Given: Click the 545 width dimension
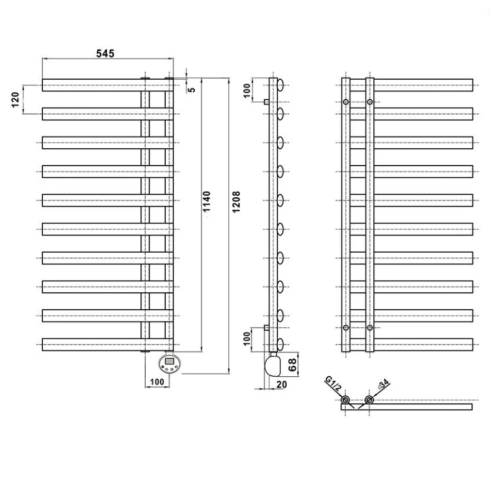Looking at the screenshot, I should (105, 53).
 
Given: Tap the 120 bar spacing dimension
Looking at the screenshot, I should (15, 99).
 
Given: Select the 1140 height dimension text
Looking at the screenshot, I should (207, 201).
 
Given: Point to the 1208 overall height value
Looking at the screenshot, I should (236, 201).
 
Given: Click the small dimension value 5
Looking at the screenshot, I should (192, 89).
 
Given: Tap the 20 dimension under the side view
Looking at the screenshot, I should (281, 384).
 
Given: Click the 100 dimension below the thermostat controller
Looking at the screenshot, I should (157, 381).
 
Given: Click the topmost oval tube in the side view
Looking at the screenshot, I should (280, 84).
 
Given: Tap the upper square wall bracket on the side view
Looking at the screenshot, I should (267, 101).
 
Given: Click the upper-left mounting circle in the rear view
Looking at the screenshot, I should (346, 101).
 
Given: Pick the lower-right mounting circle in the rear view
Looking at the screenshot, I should (370, 328).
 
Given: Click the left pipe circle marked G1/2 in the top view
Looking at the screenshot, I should (345, 400).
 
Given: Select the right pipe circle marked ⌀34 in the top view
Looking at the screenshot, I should (369, 400).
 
